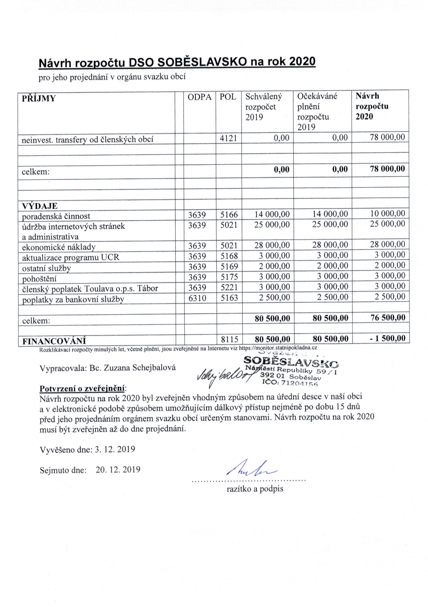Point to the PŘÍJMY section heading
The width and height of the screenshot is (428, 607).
38,99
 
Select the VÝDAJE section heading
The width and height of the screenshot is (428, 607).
39,206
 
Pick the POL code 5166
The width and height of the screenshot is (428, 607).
229,214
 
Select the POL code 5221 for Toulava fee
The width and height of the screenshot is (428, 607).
229,287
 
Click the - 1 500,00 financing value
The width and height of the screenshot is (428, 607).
387,338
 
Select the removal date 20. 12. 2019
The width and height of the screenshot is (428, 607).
118,470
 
